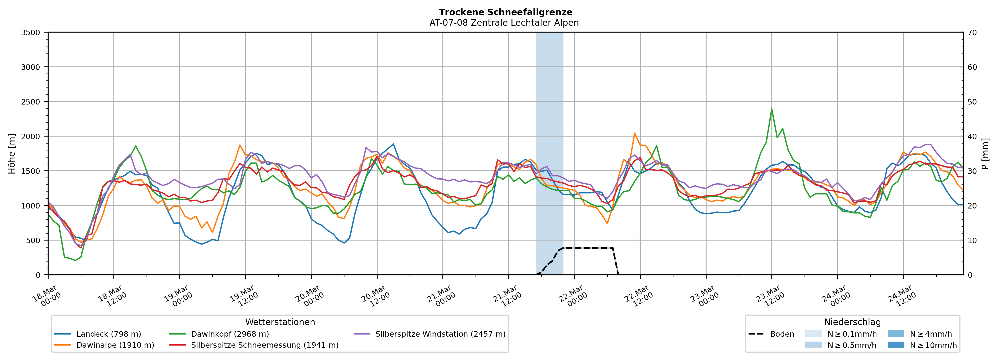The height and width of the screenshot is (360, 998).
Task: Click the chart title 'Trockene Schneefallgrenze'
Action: [x=505, y=12]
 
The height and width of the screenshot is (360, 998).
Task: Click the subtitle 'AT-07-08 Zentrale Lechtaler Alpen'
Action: [x=504, y=23]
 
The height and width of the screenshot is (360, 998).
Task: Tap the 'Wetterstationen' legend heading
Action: [x=280, y=322]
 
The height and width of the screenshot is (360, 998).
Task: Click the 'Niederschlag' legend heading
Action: [x=852, y=322]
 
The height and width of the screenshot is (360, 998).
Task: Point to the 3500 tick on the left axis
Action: [x=31, y=33]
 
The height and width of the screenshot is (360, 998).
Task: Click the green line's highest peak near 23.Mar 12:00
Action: [x=771, y=109]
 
